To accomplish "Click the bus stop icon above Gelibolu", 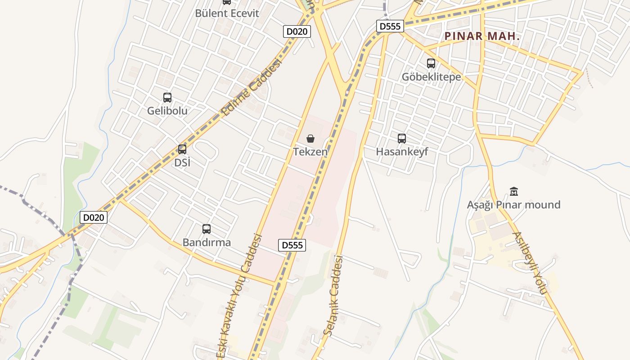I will point(167,98).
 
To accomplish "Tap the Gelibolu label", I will point(167,111).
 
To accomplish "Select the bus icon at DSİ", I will point(182,149).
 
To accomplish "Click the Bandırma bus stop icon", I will point(207,229).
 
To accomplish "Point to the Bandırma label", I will point(207,243).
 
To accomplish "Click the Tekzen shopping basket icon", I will point(310,139).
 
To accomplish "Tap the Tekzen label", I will point(310,152).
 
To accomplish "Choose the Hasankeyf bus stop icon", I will point(402,139).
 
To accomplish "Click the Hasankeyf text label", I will point(402,152).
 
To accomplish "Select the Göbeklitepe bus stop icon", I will point(431,63).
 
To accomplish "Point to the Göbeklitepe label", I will point(431,77).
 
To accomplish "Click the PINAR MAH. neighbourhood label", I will point(482,36).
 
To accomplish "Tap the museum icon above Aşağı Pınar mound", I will point(514,192).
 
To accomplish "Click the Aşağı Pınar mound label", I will point(513,205).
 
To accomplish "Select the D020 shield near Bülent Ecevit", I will point(297,31).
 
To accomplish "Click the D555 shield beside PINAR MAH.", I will point(390,26).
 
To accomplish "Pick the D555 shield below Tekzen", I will point(292,245).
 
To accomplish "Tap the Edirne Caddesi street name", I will point(252,86).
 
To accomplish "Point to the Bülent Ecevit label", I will point(227,13).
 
